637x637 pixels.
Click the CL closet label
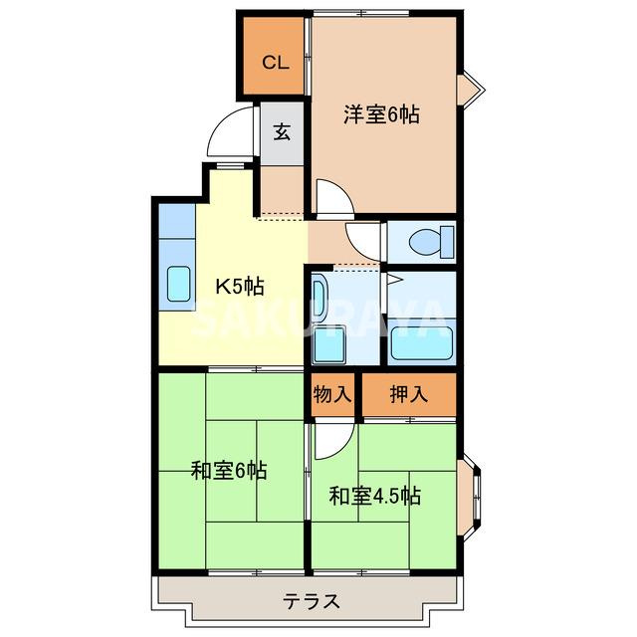[276, 63]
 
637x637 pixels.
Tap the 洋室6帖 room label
[381, 114]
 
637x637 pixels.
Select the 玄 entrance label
[282, 131]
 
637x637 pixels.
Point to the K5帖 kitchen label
[240, 287]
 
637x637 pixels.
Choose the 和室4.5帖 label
[374, 495]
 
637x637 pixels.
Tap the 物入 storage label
[332, 394]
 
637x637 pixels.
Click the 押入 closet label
[408, 394]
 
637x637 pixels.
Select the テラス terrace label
[312, 601]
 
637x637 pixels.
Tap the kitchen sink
[180, 284]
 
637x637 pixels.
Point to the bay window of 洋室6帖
[470, 89]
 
